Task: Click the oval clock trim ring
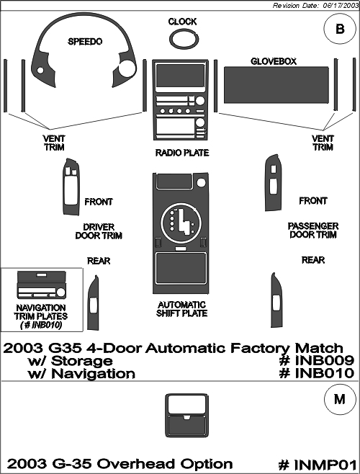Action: coord(184,32)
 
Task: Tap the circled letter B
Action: coord(340,29)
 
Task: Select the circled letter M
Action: coord(340,400)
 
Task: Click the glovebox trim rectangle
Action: coord(276,85)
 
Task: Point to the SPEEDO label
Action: coord(85,41)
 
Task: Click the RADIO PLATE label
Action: coord(182,153)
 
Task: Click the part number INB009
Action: coord(317,360)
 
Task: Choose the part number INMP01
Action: coord(317,464)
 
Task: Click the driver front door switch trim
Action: coord(71,187)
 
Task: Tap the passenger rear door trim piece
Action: coord(277,300)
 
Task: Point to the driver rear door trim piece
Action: coord(93,303)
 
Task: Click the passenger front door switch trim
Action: coord(274,182)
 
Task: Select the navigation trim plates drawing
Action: coord(42,285)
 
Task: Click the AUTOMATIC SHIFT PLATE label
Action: coord(181,309)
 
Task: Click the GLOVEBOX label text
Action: coord(274,61)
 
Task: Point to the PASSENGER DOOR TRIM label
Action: coord(313,231)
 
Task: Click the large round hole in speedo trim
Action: coord(127,68)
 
